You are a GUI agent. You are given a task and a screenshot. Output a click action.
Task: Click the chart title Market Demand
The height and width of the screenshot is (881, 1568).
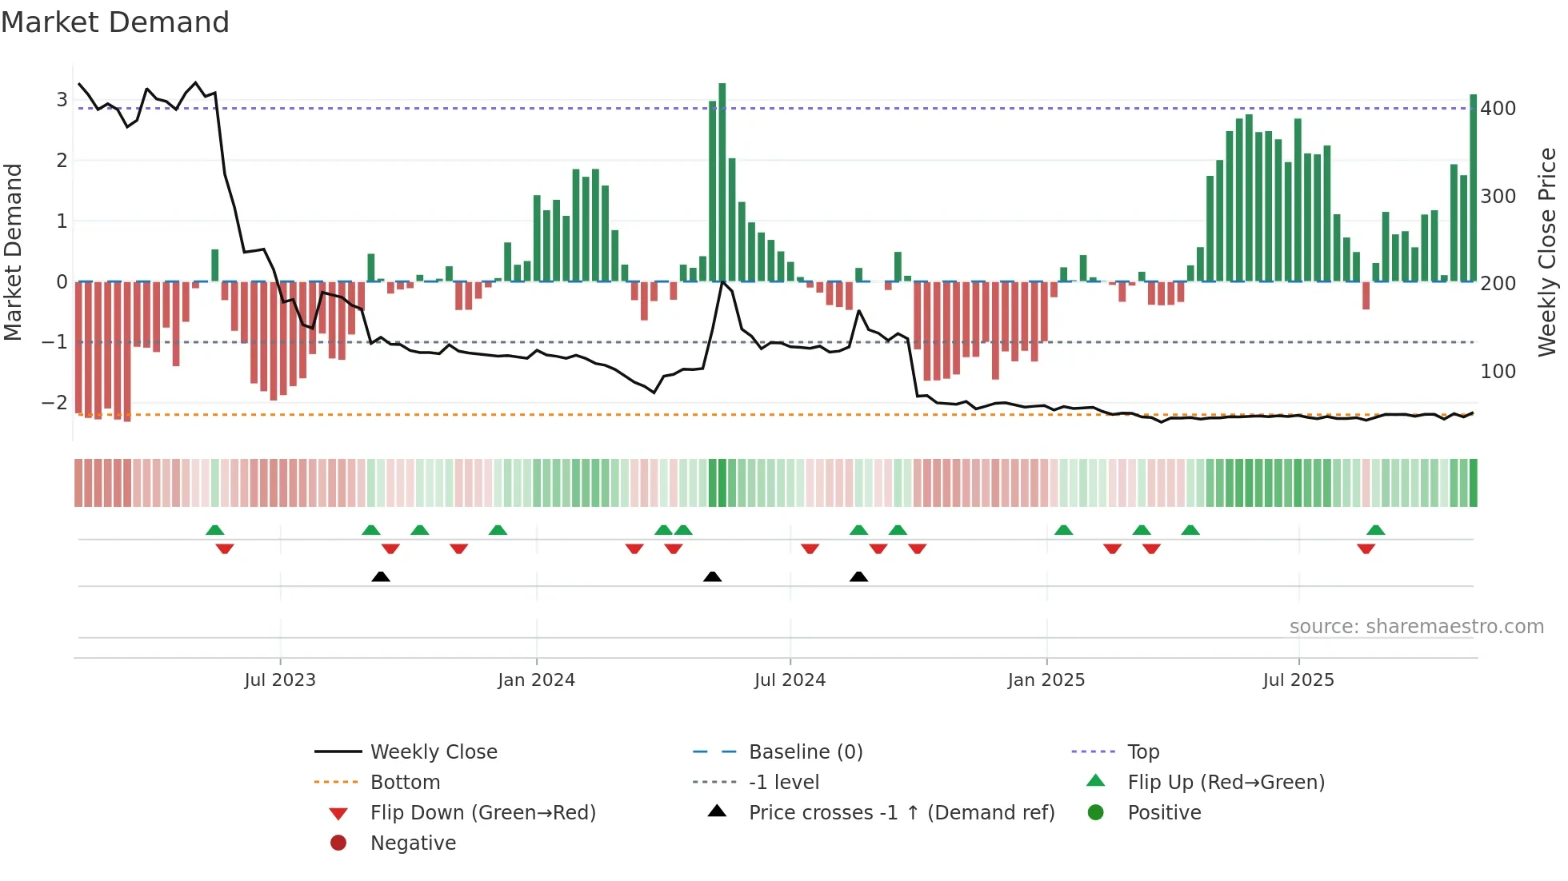115,22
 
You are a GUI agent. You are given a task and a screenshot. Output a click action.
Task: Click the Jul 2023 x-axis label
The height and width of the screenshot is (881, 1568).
280,680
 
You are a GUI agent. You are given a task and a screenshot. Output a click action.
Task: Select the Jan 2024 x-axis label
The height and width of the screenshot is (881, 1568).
536,680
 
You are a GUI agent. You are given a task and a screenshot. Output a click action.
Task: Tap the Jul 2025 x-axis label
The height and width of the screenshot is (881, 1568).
1298,680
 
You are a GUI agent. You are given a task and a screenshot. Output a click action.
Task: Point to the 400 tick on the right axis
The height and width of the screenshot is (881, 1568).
1498,109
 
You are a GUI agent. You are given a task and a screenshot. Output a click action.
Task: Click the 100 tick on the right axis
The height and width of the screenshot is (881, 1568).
1498,372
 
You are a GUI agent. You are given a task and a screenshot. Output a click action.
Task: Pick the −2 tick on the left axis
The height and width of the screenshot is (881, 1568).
54,403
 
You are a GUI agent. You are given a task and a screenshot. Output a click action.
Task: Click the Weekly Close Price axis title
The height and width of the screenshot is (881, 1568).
1547,252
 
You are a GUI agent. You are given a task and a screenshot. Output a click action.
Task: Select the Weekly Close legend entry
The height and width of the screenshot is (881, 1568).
433,752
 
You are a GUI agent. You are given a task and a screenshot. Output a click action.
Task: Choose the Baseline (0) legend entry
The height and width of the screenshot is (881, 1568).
805,752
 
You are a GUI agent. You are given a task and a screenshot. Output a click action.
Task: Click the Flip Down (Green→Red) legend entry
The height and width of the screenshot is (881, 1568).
482,813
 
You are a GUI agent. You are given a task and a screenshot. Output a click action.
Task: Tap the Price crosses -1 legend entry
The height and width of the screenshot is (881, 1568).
901,813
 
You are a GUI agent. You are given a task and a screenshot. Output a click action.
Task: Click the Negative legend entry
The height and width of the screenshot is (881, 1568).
413,843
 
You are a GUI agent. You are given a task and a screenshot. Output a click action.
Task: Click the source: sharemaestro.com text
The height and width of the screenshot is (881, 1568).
1416,627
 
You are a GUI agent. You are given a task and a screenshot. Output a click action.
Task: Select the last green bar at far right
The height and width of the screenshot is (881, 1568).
1473,188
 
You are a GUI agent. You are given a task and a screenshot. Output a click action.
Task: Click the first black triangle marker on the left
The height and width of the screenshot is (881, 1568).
381,576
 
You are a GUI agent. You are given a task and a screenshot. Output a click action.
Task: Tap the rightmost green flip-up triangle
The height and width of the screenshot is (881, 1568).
1375,530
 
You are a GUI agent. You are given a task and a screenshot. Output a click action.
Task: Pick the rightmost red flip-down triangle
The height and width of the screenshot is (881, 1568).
1366,548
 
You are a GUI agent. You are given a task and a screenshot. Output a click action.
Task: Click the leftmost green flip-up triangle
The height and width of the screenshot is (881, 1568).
214,530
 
